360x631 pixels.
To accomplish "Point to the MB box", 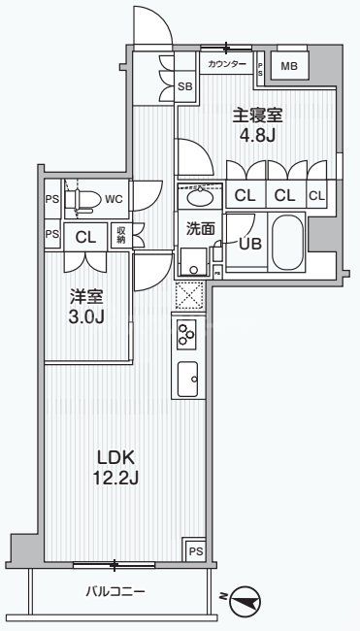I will click(x=288, y=66).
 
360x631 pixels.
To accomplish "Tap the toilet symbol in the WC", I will click(x=82, y=200).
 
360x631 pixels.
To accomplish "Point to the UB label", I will click(x=250, y=244).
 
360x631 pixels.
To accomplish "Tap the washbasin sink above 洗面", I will click(x=202, y=199).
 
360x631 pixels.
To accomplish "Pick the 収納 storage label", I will click(x=119, y=235).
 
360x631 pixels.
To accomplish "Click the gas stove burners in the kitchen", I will click(x=186, y=336).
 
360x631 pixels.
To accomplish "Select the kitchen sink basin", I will click(x=187, y=375).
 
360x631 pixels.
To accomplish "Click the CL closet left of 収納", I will click(x=84, y=235).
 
